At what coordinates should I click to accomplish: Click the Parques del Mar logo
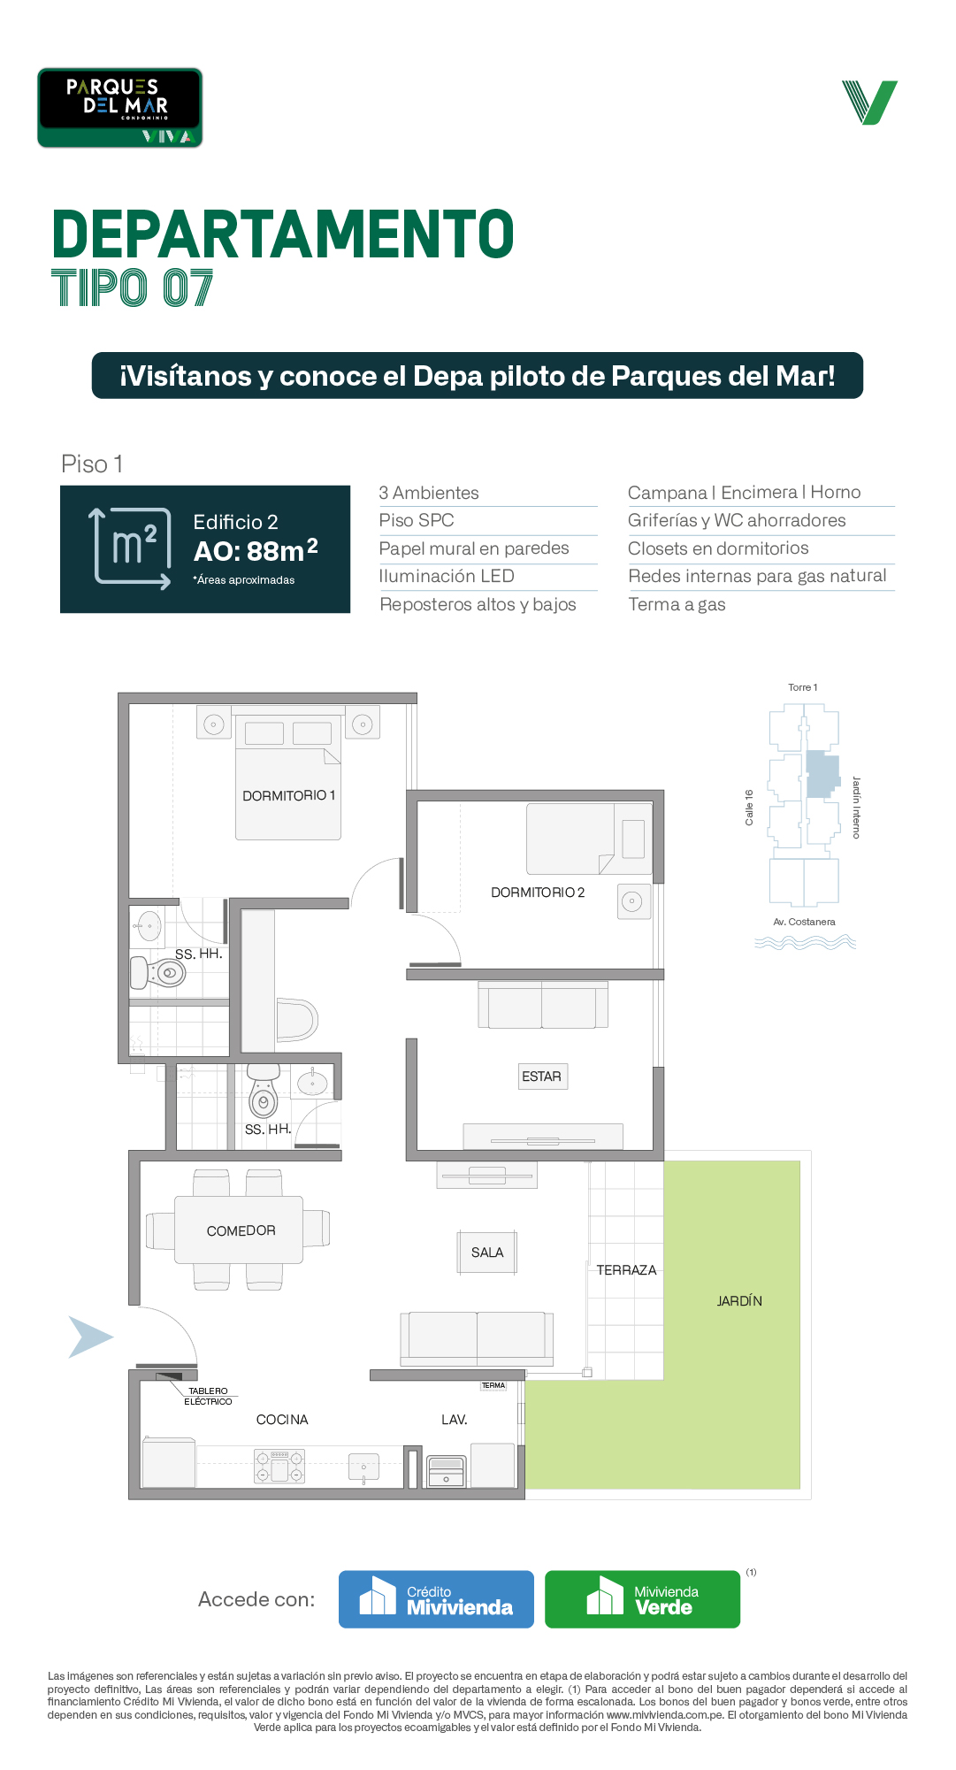pyautogui.click(x=119, y=108)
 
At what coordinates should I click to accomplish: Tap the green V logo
pyautogui.click(x=869, y=103)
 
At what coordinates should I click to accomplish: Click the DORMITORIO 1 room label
pyautogui.click(x=289, y=796)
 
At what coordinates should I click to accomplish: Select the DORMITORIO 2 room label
pyautogui.click(x=538, y=893)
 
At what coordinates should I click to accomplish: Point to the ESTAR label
pyautogui.click(x=541, y=1077)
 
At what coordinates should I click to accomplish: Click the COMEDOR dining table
pyautogui.click(x=239, y=1230)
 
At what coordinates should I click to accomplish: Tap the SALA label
pyautogui.click(x=487, y=1253)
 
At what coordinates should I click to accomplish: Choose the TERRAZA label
pyautogui.click(x=626, y=1270)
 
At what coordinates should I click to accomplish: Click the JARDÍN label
pyautogui.click(x=739, y=1300)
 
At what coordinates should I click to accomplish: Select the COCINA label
pyautogui.click(x=282, y=1420)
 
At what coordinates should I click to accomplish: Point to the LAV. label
pyautogui.click(x=455, y=1420)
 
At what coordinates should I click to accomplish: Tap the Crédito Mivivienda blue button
pyautogui.click(x=436, y=1599)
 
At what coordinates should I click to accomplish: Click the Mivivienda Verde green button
pyautogui.click(x=642, y=1599)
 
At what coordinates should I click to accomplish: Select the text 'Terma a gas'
pyautogui.click(x=677, y=605)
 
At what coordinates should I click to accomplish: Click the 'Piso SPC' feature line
pyautogui.click(x=417, y=520)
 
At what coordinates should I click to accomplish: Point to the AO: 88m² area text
pyautogui.click(x=256, y=550)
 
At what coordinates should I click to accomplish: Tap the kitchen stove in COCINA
pyautogui.click(x=279, y=1466)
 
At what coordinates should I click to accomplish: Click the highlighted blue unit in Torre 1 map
pyautogui.click(x=822, y=774)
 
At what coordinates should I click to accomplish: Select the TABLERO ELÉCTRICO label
pyautogui.click(x=208, y=1397)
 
